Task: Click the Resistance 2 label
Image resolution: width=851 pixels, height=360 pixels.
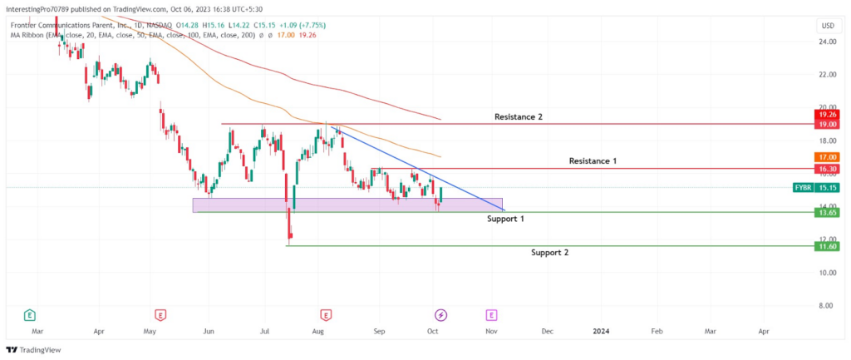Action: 519,116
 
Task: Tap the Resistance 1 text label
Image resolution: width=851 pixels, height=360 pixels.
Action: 593,160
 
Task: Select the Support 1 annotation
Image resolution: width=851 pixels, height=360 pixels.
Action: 504,219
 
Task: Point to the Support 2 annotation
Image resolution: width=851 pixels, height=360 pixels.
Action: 550,253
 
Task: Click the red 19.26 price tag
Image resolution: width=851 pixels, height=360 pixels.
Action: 827,115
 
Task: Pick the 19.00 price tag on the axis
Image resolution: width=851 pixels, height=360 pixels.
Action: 827,125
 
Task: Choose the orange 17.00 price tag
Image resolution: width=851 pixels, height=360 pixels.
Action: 827,157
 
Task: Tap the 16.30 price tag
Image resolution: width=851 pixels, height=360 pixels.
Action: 827,169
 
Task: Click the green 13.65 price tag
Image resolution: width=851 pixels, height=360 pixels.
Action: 827,212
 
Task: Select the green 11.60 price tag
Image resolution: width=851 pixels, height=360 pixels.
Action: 827,247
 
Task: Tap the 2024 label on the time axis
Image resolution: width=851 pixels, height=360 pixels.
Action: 601,331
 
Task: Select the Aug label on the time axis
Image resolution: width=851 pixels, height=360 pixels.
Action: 318,331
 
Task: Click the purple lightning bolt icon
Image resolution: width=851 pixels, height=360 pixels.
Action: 441,314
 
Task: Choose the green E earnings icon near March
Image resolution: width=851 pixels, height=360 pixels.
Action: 29,314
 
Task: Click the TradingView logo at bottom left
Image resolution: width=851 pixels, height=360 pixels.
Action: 33,350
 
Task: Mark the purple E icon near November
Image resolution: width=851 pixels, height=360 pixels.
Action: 492,314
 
